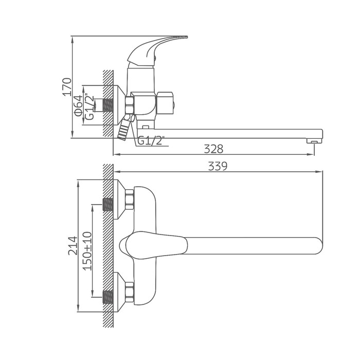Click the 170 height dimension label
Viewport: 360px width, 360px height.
68,87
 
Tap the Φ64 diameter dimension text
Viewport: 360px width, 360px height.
78,106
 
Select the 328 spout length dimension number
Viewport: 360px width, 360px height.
213,149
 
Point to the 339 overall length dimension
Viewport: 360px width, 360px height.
218,166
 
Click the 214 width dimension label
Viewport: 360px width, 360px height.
73,245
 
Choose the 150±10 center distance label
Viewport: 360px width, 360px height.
87,251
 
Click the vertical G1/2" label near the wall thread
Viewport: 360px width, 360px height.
89,107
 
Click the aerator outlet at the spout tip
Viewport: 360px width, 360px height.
314,140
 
